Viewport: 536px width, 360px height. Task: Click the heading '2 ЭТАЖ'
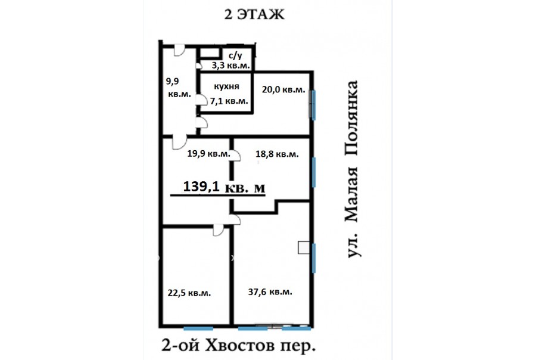point(254,14)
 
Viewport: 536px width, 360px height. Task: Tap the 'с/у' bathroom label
point(235,55)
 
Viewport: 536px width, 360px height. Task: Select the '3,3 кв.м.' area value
point(230,66)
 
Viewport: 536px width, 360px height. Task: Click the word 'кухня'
point(226,86)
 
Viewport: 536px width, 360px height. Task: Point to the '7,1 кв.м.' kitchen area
point(229,101)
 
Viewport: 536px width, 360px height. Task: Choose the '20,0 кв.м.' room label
point(283,89)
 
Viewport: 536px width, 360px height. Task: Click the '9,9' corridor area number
point(172,82)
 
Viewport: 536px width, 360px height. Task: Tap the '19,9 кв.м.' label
point(209,154)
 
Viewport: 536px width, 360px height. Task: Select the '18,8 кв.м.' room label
point(277,154)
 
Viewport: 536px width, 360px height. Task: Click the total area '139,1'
point(201,187)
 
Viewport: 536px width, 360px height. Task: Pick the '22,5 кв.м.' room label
point(189,293)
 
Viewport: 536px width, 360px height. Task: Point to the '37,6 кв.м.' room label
point(270,292)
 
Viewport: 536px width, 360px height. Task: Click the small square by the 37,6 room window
point(304,248)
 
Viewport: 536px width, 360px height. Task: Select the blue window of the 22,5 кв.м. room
point(198,328)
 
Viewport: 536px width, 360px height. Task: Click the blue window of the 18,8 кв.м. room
point(314,172)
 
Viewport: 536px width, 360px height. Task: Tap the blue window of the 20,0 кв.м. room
point(313,105)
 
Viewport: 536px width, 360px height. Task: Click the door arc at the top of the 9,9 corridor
point(179,50)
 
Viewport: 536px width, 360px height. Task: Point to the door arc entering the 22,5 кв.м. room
point(219,230)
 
